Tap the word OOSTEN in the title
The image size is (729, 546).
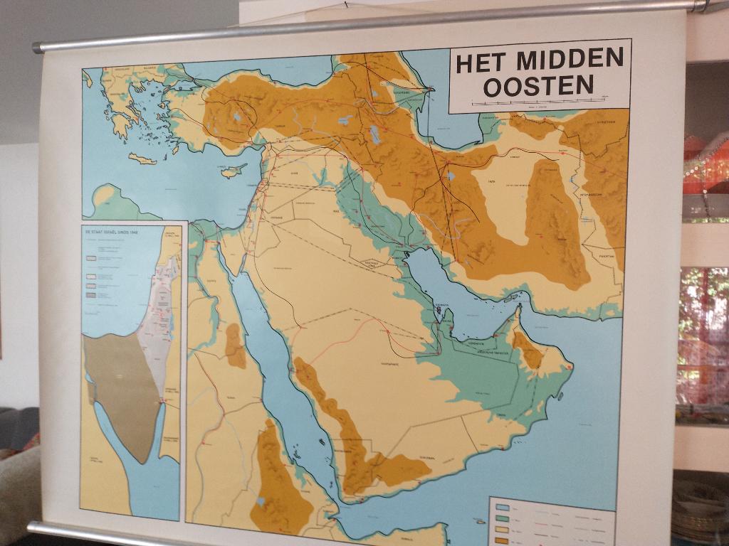pos(538,86)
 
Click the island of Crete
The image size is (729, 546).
pos(142,159)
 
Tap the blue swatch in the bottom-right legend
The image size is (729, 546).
pos(502,508)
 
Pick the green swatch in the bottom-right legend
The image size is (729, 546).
pos(502,519)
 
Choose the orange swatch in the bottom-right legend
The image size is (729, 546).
pos(502,541)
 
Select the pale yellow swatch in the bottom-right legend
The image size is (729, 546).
pos(502,530)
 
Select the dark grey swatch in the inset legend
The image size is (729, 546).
pos(90,294)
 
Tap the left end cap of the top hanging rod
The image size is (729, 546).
pos(37,48)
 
